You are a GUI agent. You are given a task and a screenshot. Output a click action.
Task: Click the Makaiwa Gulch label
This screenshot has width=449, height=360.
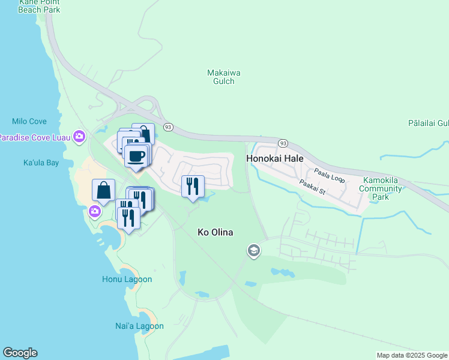[x=224, y=77]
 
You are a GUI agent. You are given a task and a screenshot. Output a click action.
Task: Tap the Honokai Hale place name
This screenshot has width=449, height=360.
[x=275, y=158]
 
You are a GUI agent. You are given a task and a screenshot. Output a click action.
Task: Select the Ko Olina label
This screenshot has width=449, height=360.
[x=215, y=232]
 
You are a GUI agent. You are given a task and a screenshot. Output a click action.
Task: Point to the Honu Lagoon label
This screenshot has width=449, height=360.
[x=127, y=279]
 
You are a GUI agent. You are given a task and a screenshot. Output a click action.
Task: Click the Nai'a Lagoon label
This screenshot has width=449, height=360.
[x=139, y=326]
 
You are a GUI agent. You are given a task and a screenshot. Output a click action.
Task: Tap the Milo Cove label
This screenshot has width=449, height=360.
[x=28, y=121]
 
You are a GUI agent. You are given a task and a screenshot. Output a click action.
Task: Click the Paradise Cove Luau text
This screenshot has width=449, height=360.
[x=34, y=137]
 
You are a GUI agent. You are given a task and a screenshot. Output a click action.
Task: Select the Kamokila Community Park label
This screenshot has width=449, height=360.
[x=380, y=189]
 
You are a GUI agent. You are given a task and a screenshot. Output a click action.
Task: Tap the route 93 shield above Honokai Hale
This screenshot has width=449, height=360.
[x=283, y=143]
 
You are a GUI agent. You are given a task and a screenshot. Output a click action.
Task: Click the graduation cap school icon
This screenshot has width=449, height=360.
[x=253, y=250]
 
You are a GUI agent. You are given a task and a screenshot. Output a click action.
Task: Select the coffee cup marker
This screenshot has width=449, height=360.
[x=137, y=156]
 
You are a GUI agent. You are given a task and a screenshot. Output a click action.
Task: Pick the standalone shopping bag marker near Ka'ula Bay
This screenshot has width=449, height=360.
[x=104, y=191]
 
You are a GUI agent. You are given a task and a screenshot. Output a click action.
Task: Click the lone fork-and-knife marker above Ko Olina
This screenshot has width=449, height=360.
[x=193, y=187]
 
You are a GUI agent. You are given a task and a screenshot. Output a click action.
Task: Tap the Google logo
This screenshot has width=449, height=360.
[x=20, y=353]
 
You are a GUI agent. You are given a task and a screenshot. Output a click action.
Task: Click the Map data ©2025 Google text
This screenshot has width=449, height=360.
[x=412, y=355]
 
